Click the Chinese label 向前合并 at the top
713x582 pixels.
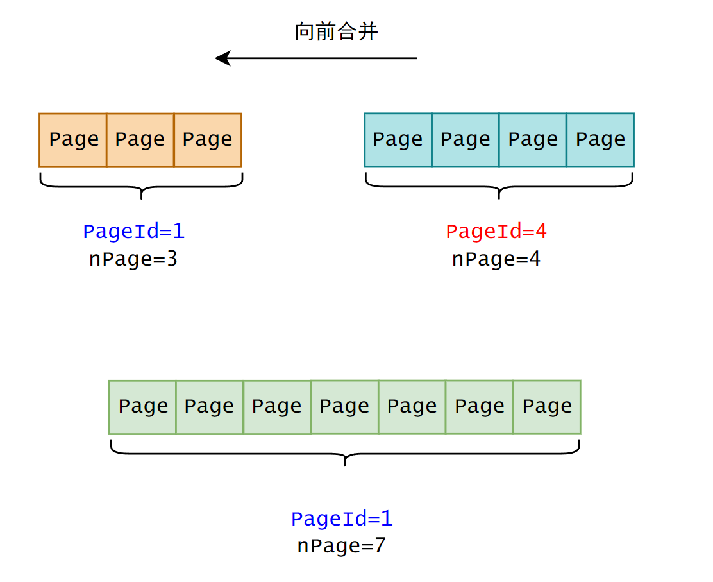(x=336, y=31)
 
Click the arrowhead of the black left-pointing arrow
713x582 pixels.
(x=222, y=58)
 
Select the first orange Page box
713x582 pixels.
(x=73, y=140)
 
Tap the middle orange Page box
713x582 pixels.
(x=140, y=140)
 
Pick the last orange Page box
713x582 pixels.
(x=208, y=140)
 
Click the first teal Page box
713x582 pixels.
(x=398, y=140)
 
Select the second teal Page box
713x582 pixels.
(x=466, y=140)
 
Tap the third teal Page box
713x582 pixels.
(x=533, y=140)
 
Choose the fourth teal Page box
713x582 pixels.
(x=600, y=140)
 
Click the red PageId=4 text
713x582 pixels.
(x=496, y=232)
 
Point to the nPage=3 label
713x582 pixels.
(x=133, y=259)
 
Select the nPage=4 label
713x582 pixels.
(x=496, y=259)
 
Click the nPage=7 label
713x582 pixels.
(x=341, y=546)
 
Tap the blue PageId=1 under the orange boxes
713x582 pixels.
(x=133, y=232)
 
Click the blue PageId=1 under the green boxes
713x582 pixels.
(x=341, y=518)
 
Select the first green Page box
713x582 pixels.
(x=142, y=407)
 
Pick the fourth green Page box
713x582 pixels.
(x=345, y=407)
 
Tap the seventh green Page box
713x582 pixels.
(x=547, y=407)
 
